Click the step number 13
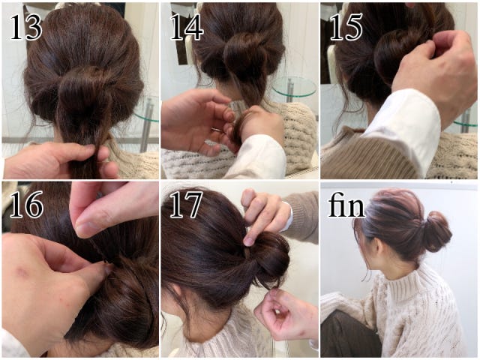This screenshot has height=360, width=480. (26, 27)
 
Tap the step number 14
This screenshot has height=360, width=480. (187, 27)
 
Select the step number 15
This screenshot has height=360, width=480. (346, 27)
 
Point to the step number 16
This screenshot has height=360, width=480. (27, 205)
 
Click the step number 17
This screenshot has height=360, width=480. (186, 205)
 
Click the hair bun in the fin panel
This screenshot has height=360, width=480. (437, 231)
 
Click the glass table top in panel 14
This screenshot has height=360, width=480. (295, 85)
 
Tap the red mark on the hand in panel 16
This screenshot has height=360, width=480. (21, 271)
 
